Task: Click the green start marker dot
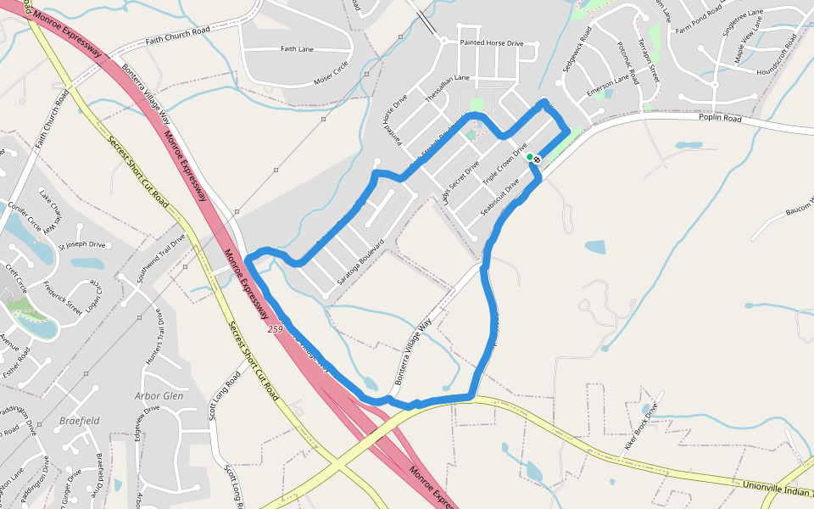point(529,157)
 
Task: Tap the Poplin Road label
point(720,119)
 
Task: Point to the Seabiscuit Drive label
point(499,195)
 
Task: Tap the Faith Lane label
point(297,49)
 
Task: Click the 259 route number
point(274,327)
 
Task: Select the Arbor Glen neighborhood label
point(159,395)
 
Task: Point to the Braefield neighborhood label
point(80,420)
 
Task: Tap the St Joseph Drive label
point(81,245)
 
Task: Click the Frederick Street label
point(63,296)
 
